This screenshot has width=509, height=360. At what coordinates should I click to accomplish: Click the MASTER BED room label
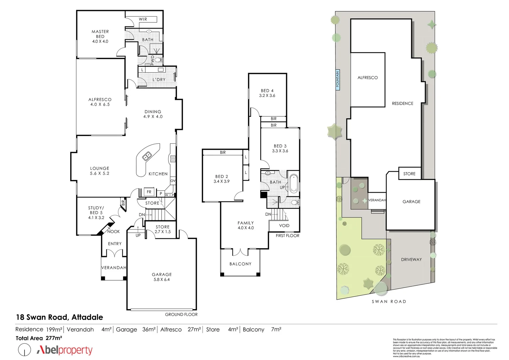point(100,34)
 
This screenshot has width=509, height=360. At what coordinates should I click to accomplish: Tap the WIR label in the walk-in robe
point(143,19)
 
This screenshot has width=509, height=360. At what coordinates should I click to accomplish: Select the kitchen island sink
point(147,156)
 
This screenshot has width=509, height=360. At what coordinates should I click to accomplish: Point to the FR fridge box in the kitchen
point(149,192)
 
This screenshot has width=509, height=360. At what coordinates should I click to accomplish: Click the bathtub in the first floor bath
point(293,183)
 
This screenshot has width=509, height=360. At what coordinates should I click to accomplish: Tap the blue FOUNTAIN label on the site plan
point(337,79)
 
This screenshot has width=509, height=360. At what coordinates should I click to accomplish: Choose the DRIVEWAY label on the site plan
point(411,259)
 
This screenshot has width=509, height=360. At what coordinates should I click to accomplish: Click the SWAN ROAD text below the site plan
point(389,302)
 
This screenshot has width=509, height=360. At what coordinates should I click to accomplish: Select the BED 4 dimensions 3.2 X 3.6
point(267,96)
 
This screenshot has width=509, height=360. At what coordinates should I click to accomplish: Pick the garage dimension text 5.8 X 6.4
point(162,280)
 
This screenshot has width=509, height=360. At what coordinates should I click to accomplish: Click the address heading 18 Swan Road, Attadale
point(59,317)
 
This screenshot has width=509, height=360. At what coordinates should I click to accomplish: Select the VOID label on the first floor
point(284,226)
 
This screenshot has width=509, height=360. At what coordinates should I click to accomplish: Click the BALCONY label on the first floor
point(240,264)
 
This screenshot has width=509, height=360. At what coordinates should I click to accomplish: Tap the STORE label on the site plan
point(409,174)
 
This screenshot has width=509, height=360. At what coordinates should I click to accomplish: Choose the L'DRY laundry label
point(159,80)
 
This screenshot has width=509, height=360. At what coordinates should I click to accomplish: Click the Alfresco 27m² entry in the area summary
point(180,330)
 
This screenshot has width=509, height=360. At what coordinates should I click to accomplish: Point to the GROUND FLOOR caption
point(181,314)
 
